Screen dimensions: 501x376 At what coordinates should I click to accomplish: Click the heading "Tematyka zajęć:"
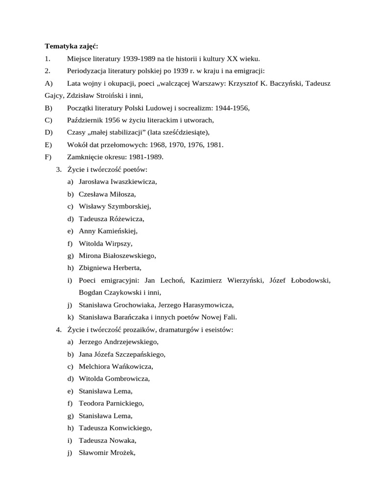point(71,46)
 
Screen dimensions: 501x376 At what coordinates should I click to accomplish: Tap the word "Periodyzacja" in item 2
point(87,71)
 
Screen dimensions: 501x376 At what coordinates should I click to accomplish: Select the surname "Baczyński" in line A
point(285,83)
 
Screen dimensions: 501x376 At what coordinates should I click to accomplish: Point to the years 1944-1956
point(237,108)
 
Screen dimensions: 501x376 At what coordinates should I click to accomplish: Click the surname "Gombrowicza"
point(126,379)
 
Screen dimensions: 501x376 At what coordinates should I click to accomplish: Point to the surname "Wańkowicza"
point(130,366)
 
